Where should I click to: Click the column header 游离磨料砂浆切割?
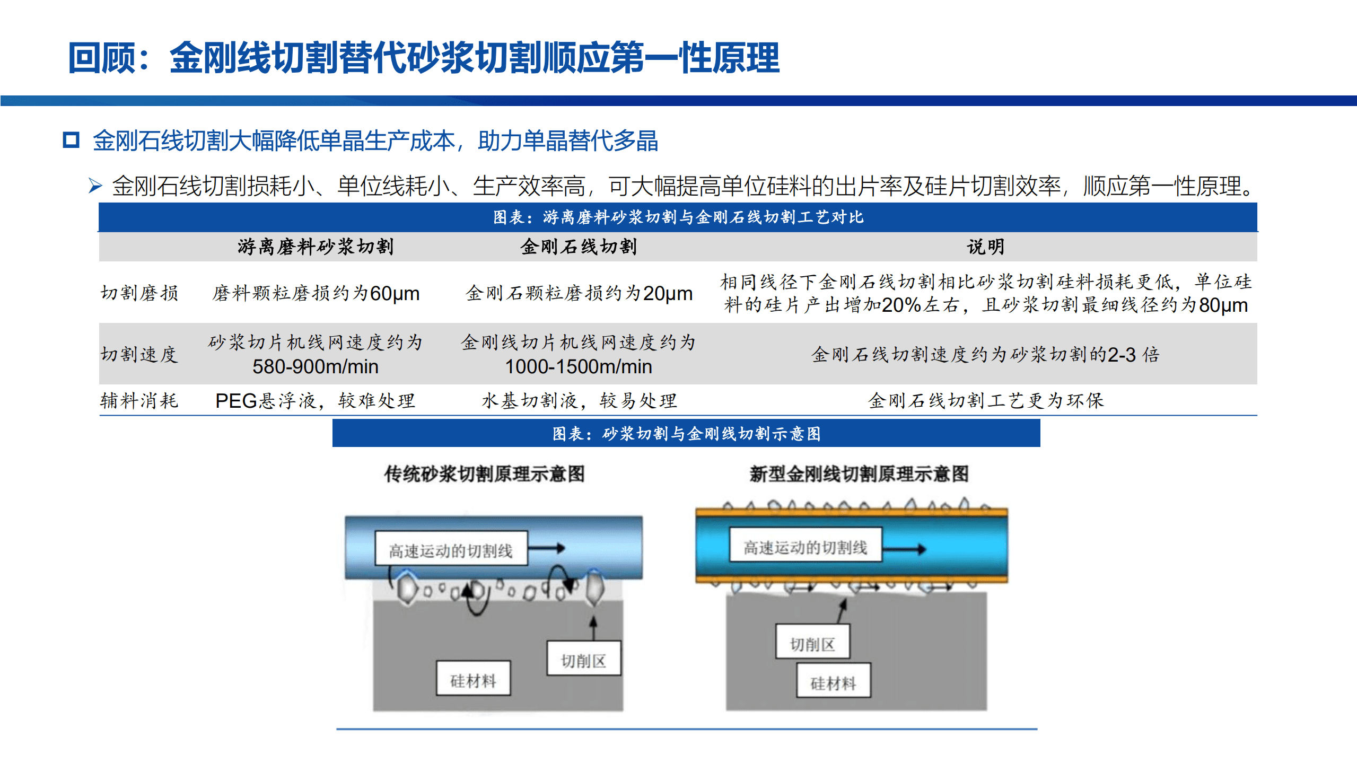pos(316,247)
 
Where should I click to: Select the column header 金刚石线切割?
pos(578,247)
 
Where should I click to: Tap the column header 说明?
pos(985,247)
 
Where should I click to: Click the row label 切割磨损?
pos(139,293)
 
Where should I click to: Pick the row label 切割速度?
pos(139,354)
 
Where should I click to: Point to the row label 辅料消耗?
pos(139,400)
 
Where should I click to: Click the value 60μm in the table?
pos(395,293)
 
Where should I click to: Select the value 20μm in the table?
pos(668,293)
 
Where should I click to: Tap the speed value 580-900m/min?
pos(316,366)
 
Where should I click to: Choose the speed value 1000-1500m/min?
pos(578,366)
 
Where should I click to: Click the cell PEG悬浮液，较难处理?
pos(316,400)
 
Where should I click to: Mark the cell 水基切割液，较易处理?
pos(579,400)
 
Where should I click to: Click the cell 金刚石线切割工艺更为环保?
pos(985,400)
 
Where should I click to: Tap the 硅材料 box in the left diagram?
pos(473,679)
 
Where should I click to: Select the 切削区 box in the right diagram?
pos(812,644)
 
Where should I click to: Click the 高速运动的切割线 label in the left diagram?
pos(451,550)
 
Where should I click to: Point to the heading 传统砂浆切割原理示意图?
pos(484,473)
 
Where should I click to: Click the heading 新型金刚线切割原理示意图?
pos(859,473)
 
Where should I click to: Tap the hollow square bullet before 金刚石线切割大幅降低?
pos(71,140)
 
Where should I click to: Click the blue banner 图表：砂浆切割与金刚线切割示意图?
pos(686,433)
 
